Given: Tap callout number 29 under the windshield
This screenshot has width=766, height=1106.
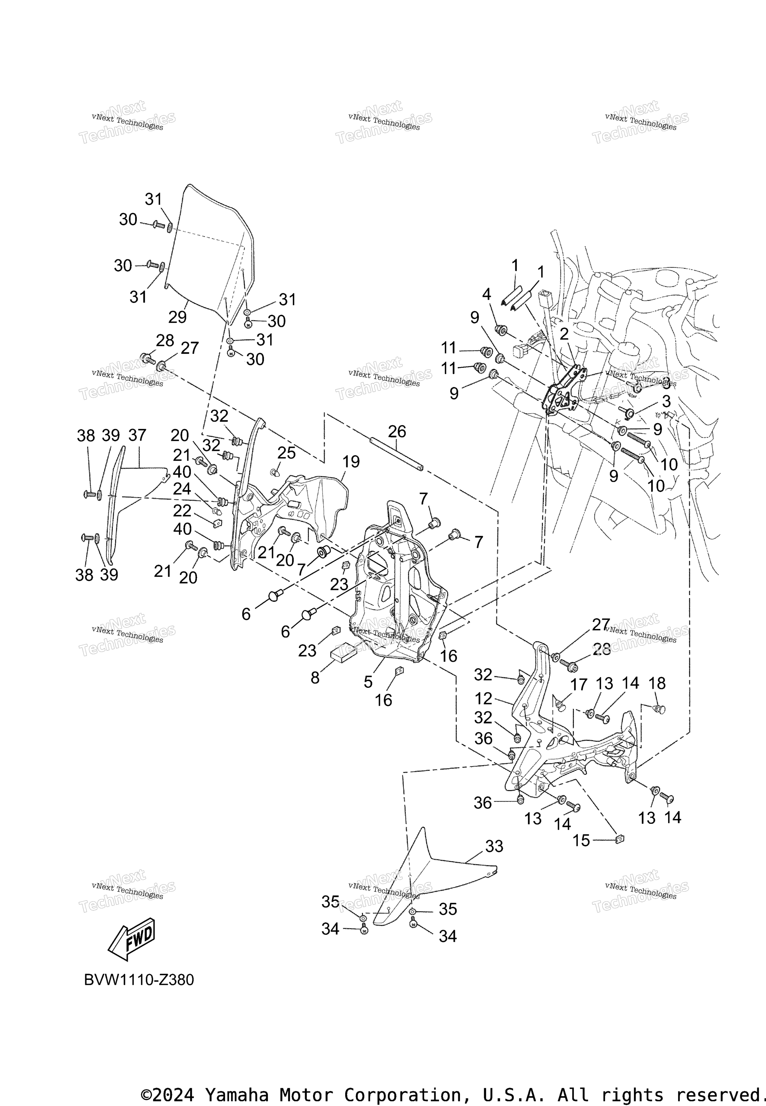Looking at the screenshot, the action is [x=178, y=317].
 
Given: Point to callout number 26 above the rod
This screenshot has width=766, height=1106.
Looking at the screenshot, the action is [x=397, y=432].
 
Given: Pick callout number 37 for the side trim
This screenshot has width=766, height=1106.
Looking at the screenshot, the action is [x=137, y=436].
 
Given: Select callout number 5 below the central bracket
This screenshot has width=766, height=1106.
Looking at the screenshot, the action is [x=368, y=682].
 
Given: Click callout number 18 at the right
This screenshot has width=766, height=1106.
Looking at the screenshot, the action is [x=657, y=683].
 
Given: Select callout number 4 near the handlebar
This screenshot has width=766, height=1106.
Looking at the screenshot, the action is [x=487, y=294].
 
